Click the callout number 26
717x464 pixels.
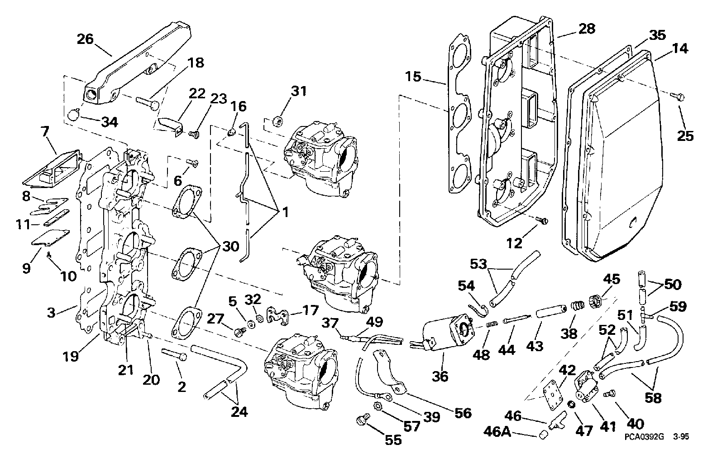(85, 39)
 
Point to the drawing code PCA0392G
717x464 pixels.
(642, 437)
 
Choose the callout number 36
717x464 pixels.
(440, 376)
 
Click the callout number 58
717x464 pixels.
(653, 398)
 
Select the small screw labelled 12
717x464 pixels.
(542, 220)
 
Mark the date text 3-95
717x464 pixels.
(681, 437)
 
